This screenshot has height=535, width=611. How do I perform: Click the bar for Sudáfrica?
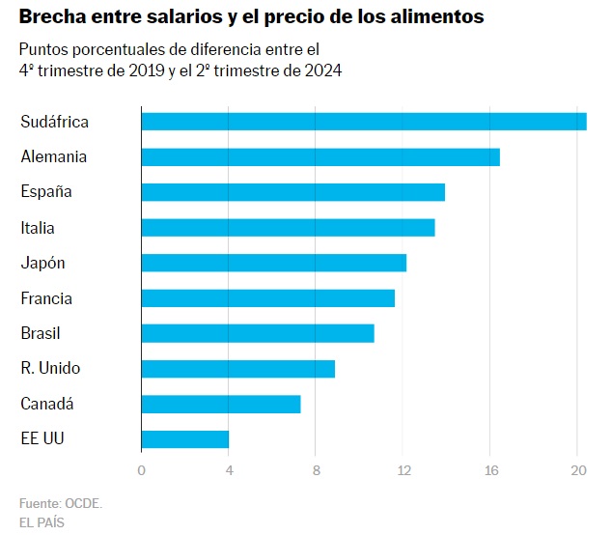pyautogui.click(x=363, y=121)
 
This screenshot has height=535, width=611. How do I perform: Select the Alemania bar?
pyautogui.click(x=319, y=156)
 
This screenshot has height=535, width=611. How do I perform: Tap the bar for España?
pyautogui.click(x=292, y=192)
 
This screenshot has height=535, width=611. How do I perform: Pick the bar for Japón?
pyautogui.click(x=273, y=263)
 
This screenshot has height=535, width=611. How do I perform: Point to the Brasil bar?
pyautogui.click(x=257, y=333)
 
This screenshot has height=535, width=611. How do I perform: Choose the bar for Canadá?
pyautogui.click(x=220, y=404)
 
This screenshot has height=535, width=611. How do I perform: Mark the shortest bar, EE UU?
pyautogui.click(x=184, y=439)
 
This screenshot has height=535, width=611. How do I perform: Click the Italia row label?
pyautogui.click(x=38, y=228)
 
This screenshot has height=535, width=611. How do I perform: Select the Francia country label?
pyautogui.click(x=46, y=298)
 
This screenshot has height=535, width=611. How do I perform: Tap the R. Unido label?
pyautogui.click(x=50, y=369)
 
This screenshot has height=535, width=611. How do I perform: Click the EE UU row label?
pyautogui.click(x=42, y=439)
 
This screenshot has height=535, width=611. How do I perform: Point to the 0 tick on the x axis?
pyautogui.click(x=142, y=470)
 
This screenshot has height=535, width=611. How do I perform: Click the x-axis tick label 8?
pyautogui.click(x=316, y=470)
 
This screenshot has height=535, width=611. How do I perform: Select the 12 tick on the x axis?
pyautogui.click(x=403, y=470)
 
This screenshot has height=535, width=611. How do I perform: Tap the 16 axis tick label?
pyautogui.click(x=490, y=470)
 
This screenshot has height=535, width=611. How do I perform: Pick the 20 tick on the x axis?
pyautogui.click(x=577, y=470)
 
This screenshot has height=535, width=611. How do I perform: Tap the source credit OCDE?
pyautogui.click(x=83, y=503)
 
